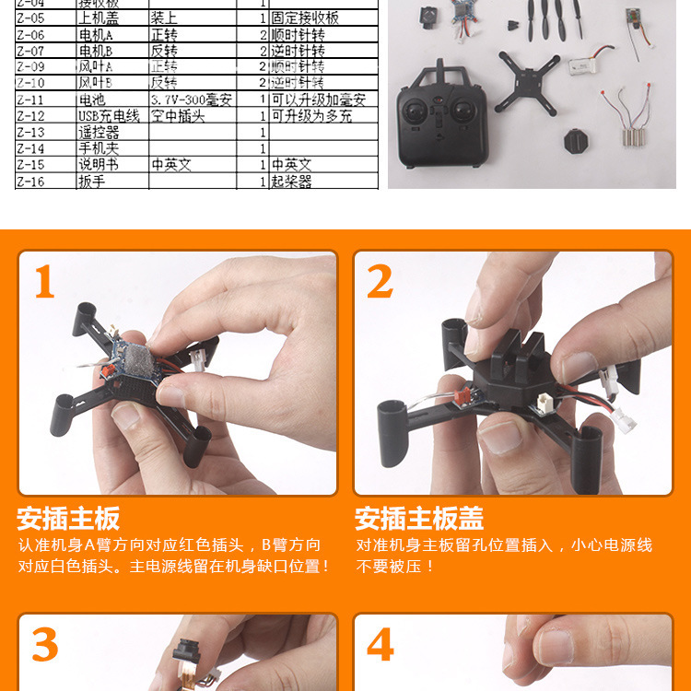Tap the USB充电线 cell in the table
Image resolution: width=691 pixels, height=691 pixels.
110,116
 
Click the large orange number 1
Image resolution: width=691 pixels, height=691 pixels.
45,283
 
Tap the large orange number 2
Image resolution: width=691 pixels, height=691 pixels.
380,283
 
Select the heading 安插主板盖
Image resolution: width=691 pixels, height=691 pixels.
419,518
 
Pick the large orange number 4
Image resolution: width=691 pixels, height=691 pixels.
381,646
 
